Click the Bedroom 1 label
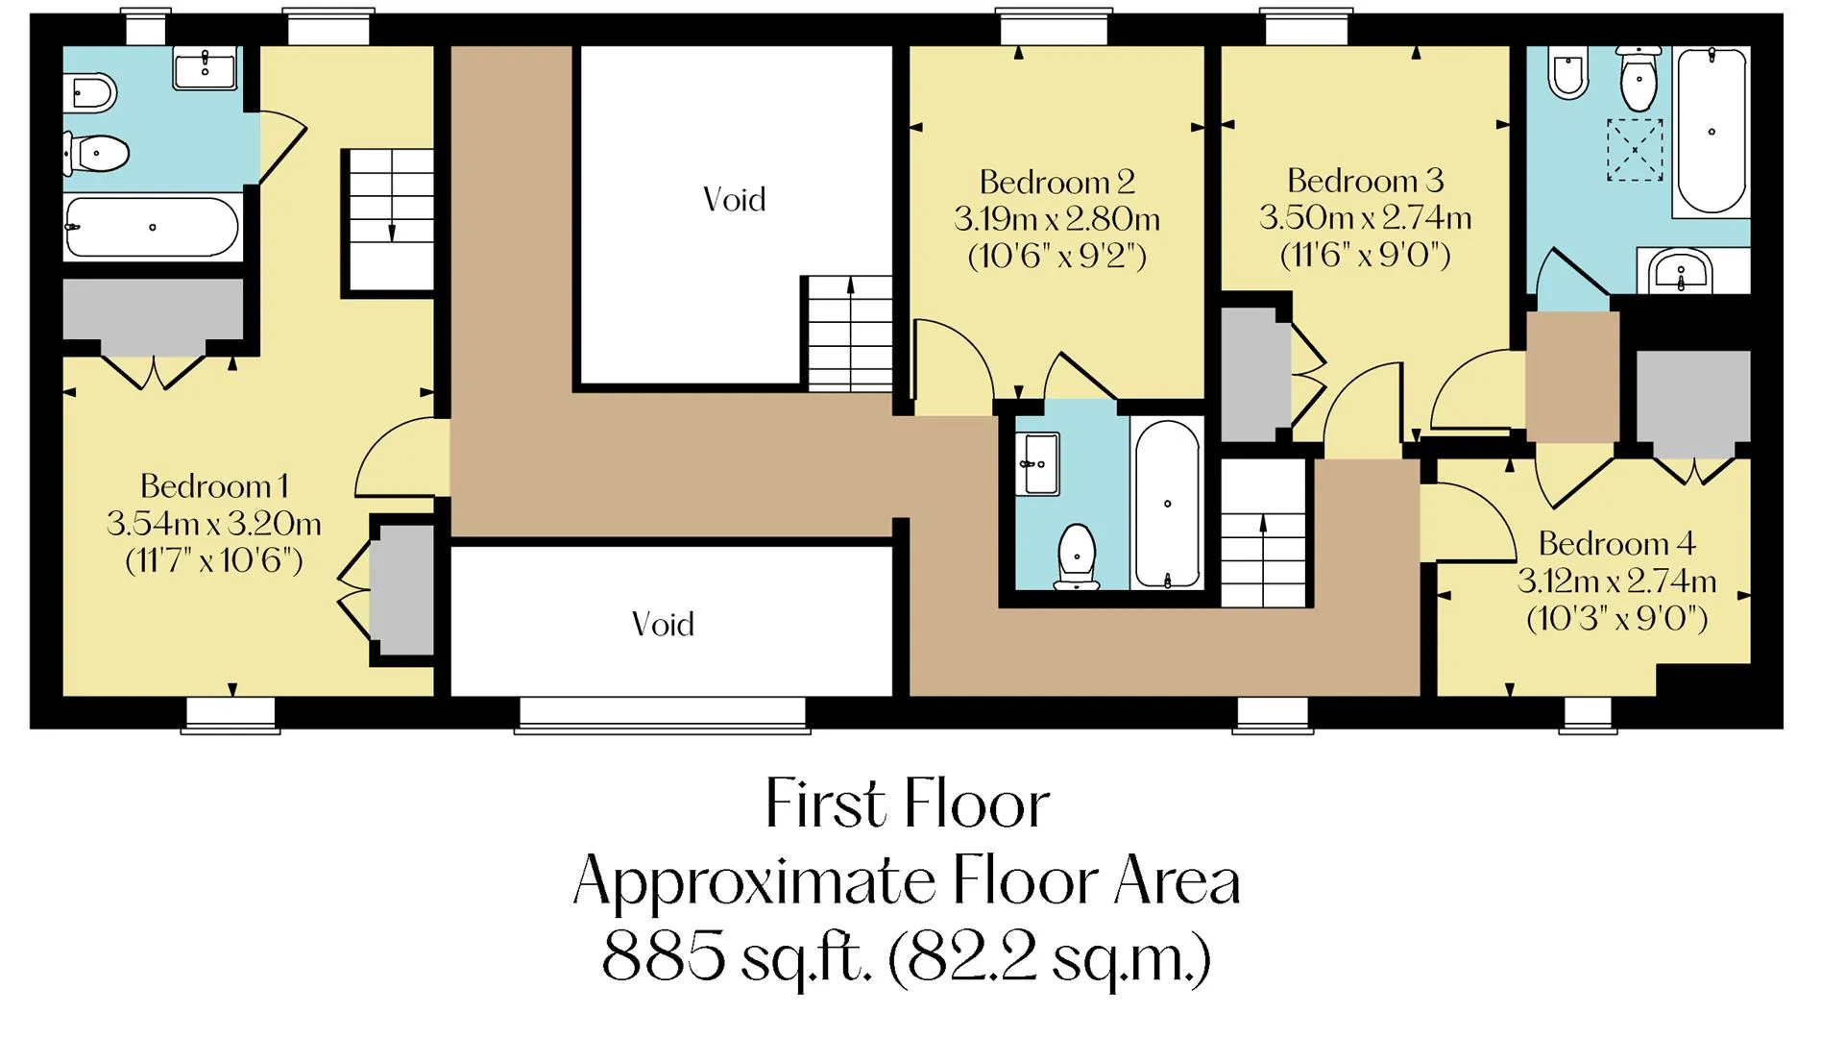[213, 486]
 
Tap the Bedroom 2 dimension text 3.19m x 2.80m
[1056, 220]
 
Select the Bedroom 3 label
[1365, 181]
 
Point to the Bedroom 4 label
[1617, 544]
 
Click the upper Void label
[735, 200]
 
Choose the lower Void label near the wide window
[663, 625]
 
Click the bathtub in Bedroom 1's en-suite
[153, 228]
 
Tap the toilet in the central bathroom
[1077, 556]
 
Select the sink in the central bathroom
[1038, 464]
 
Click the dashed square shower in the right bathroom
[1635, 149]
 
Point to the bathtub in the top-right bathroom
[1711, 132]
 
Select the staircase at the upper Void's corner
[850, 333]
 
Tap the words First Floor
[908, 803]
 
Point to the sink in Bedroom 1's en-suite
[205, 67]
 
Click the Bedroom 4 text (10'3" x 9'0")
[1617, 618]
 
